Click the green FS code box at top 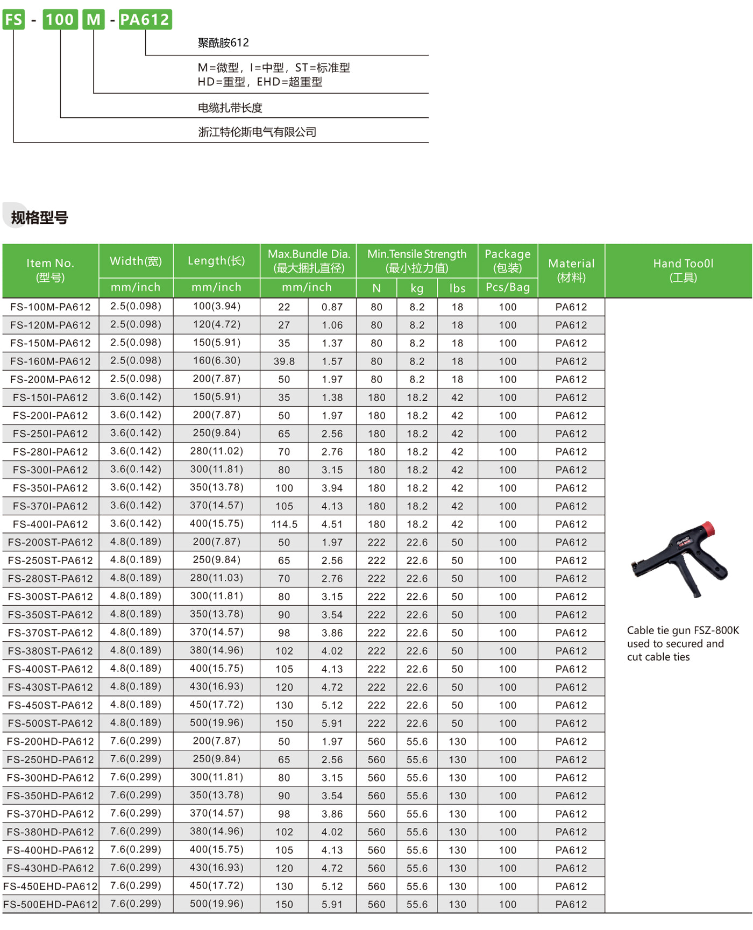click(13, 19)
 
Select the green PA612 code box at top click(145, 19)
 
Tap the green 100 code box click(60, 19)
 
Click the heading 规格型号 click(39, 218)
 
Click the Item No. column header click(50, 270)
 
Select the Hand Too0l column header click(683, 270)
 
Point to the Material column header click(571, 270)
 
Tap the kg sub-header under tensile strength click(417, 288)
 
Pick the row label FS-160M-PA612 click(51, 361)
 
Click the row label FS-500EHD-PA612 click(51, 905)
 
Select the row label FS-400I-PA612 click(51, 524)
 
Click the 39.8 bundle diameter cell click(284, 361)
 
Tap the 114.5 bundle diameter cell click(284, 524)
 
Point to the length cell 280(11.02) click(216, 451)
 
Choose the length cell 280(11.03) click(216, 578)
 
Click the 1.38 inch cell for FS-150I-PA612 click(332, 397)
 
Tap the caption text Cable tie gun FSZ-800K click(683, 630)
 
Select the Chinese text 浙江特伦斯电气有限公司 click(257, 132)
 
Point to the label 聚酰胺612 click(223, 43)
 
